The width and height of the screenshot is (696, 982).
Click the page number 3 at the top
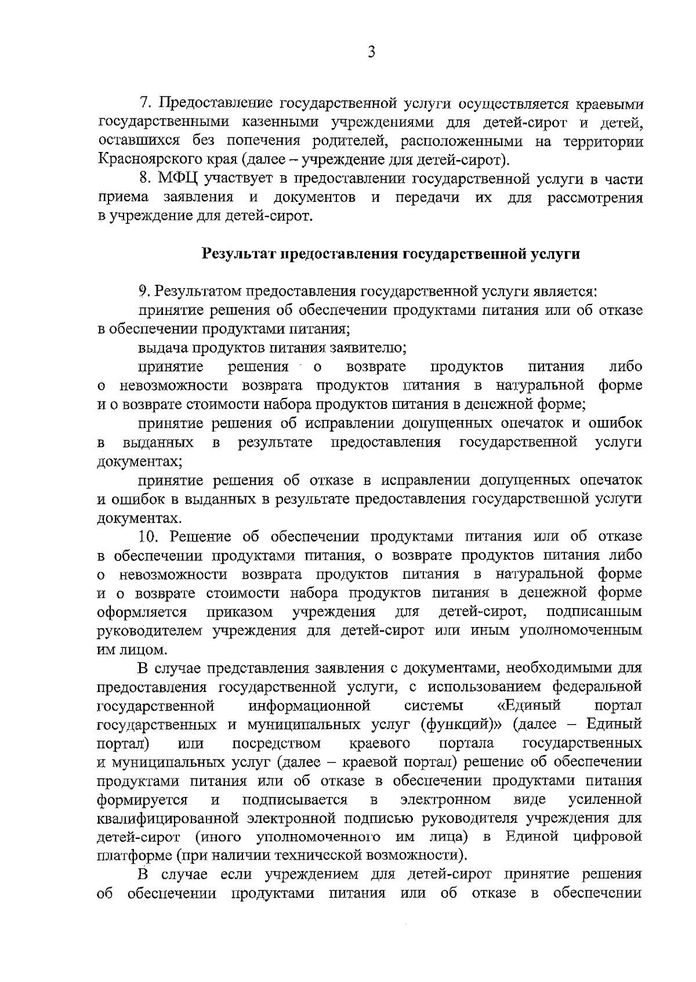tap(372, 53)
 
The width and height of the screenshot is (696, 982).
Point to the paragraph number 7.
tap(145, 103)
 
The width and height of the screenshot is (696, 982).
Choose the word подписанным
tap(594, 612)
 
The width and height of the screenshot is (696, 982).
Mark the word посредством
tap(276, 744)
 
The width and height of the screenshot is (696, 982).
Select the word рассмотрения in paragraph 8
tap(594, 198)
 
